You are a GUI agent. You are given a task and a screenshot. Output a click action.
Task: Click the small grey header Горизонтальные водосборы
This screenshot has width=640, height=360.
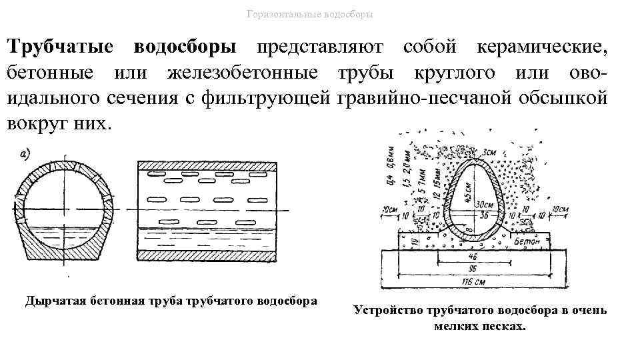coord(309,14)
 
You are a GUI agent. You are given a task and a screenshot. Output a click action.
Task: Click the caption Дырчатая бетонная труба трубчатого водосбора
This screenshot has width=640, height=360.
coord(171,301)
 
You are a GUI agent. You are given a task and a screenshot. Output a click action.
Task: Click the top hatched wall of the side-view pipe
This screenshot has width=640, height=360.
coord(206,165)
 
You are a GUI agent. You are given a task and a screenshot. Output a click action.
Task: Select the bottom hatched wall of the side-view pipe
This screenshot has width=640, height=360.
coord(206,254)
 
